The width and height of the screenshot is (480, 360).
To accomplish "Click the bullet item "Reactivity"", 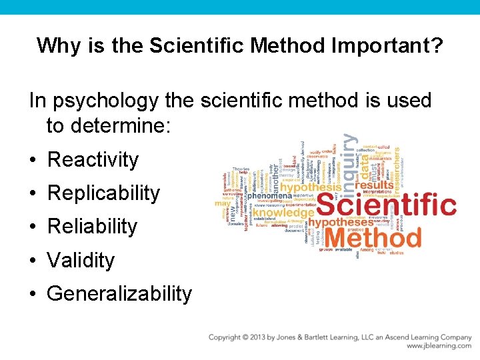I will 93,160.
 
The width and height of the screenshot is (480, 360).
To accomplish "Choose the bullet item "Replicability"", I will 104,193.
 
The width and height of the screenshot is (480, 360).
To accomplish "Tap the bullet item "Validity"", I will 81,260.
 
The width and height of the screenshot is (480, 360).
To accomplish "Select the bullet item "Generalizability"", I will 119,293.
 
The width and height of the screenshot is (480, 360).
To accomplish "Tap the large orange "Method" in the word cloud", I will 373,236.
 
